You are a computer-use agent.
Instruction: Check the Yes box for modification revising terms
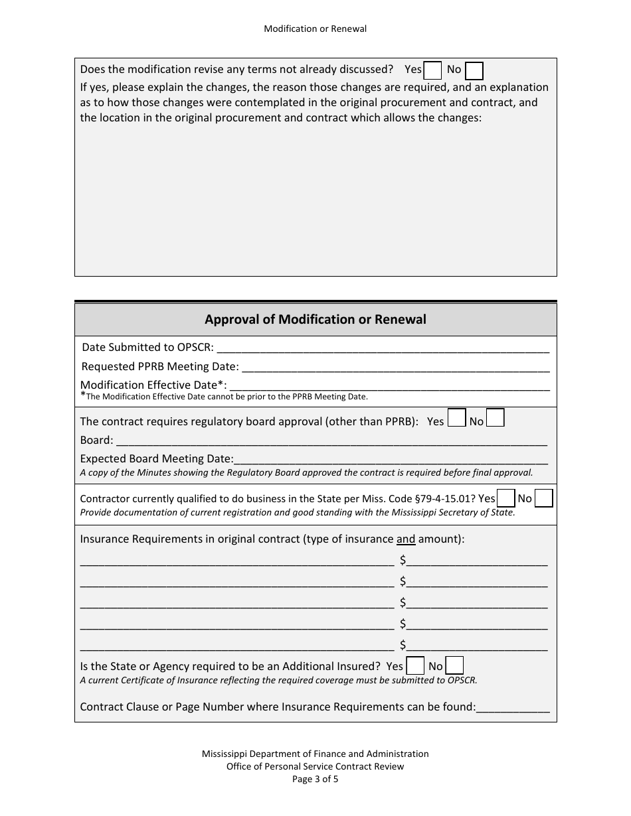(x=432, y=70)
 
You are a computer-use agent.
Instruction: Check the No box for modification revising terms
(x=474, y=70)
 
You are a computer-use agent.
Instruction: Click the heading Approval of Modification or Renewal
(x=315, y=319)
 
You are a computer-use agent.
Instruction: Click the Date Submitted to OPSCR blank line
(x=383, y=348)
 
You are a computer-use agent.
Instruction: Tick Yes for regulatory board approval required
(x=456, y=417)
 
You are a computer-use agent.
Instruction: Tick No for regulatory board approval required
(x=496, y=417)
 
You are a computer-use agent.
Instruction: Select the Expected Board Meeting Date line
(x=391, y=459)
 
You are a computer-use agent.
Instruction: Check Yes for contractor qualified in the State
(x=506, y=498)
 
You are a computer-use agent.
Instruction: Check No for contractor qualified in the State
(x=543, y=498)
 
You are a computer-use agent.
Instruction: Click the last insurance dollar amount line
(x=477, y=646)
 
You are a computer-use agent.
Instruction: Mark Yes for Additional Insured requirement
(x=415, y=665)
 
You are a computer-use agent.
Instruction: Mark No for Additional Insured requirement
(x=454, y=665)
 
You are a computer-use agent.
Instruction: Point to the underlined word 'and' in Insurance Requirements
(x=406, y=539)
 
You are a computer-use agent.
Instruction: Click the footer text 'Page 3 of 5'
(x=315, y=780)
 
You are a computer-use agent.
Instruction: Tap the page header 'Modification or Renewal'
(x=315, y=29)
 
